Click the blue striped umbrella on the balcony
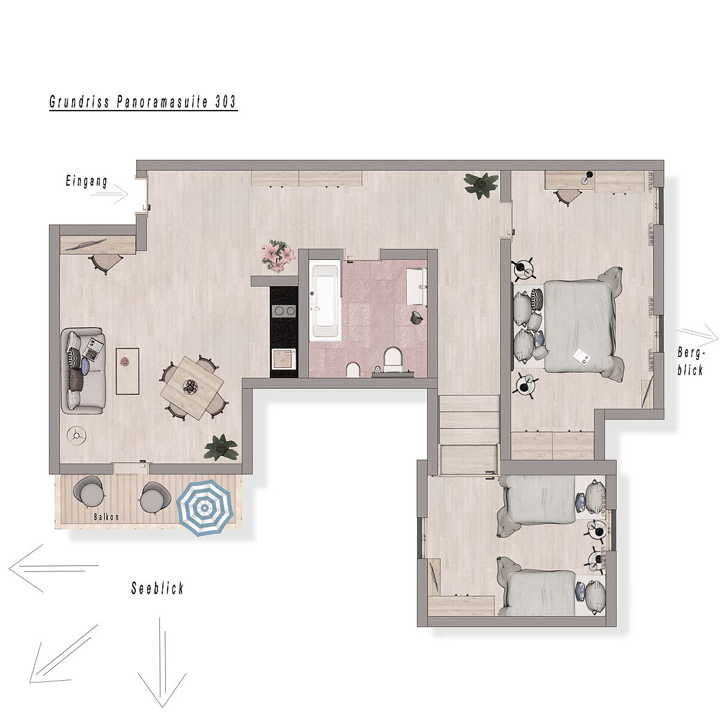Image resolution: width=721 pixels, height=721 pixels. [205, 508]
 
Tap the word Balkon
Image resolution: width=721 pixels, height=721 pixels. [106, 517]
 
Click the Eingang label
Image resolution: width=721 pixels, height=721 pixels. [87, 181]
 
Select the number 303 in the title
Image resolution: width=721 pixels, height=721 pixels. [226, 102]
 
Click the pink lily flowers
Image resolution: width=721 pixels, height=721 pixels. [278, 255]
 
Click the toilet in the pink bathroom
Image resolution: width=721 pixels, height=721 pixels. [393, 357]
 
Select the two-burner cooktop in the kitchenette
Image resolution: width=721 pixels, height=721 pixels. [284, 311]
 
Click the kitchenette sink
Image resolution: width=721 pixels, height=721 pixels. [284, 359]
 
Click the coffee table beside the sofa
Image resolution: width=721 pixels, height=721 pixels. [127, 371]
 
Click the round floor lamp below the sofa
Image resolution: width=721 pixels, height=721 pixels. [77, 435]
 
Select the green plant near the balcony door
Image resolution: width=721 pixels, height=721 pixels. [221, 448]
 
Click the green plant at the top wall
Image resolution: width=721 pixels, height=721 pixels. [481, 186]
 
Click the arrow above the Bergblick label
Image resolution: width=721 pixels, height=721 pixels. [697, 335]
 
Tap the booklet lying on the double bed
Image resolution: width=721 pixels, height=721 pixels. [582, 356]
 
